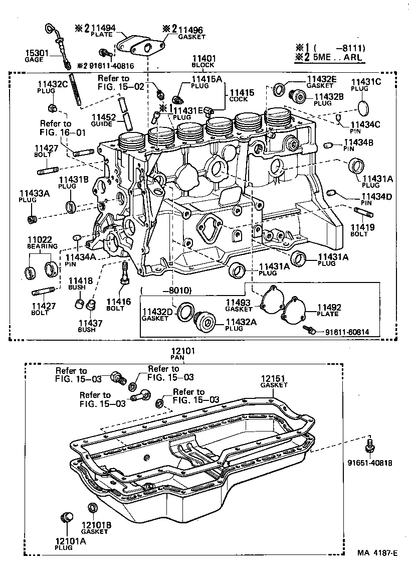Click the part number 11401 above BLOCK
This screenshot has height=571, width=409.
click(x=202, y=58)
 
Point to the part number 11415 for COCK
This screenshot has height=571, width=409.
click(x=242, y=93)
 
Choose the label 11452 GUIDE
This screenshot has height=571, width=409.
click(x=103, y=120)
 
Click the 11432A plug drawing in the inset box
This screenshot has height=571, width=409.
click(x=204, y=321)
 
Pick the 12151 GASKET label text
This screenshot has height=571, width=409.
click(x=274, y=381)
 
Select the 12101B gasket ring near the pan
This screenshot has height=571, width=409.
click(x=93, y=508)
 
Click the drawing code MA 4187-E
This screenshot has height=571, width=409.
click(x=377, y=553)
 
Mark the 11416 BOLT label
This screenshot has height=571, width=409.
click(x=118, y=305)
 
